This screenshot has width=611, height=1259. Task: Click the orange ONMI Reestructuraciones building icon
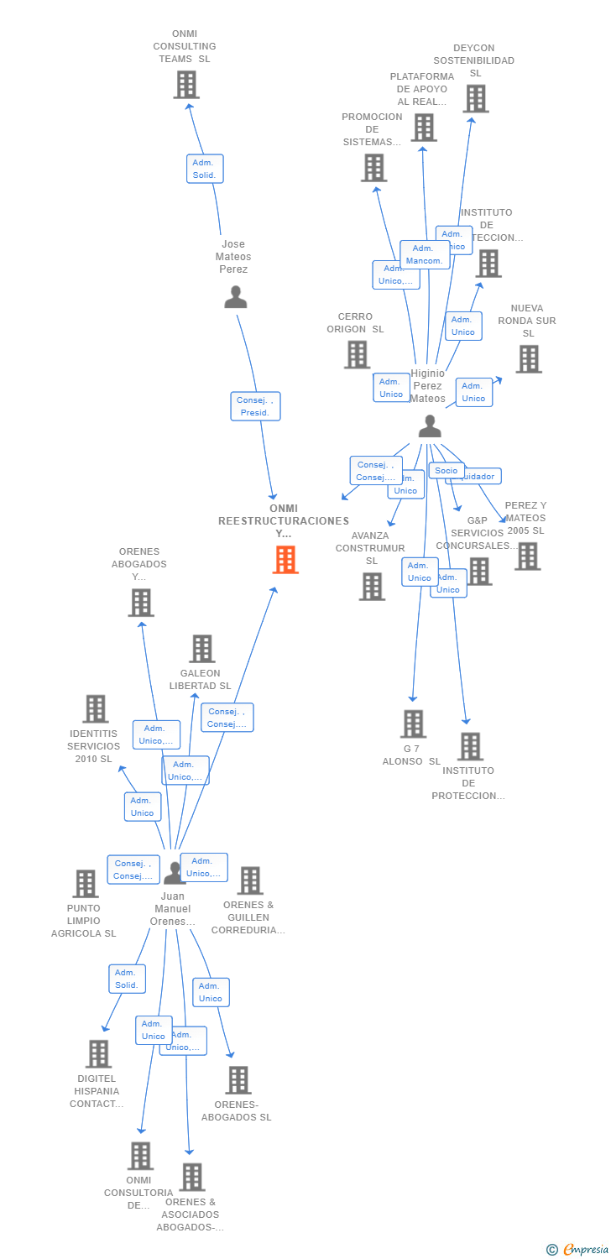(x=285, y=560)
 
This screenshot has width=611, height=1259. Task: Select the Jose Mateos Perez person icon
(x=236, y=297)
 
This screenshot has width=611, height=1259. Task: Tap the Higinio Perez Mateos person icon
(x=430, y=426)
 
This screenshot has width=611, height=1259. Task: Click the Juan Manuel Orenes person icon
(x=174, y=874)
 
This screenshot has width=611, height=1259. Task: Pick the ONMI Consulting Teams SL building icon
(x=186, y=85)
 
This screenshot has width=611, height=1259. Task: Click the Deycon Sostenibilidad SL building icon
(x=476, y=99)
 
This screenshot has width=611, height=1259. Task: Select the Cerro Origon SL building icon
(x=358, y=354)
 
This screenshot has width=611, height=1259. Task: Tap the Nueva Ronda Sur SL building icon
(x=528, y=359)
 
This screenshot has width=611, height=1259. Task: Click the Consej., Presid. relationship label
(x=255, y=406)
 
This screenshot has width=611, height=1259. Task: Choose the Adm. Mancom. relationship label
(x=425, y=254)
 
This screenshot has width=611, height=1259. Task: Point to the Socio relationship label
(x=446, y=471)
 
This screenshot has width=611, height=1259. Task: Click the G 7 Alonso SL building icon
(x=413, y=724)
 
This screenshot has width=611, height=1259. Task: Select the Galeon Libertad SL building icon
(x=201, y=649)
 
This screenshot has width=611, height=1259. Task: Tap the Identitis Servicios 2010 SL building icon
(x=96, y=709)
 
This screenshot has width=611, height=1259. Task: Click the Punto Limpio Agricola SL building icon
(x=86, y=884)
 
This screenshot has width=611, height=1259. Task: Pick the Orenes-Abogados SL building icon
(x=239, y=1080)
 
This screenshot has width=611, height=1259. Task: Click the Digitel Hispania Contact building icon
(x=98, y=1054)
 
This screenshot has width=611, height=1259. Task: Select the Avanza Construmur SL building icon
(x=372, y=587)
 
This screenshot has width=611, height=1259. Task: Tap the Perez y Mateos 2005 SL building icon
(x=527, y=556)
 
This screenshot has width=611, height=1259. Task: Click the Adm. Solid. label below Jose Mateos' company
(x=205, y=169)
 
